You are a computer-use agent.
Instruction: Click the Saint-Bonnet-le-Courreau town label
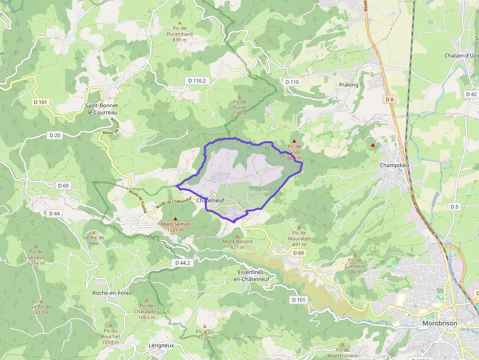[101, 109]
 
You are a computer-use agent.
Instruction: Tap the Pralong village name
[348, 85]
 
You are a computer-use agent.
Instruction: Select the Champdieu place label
[394, 165]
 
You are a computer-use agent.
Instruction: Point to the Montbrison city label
[439, 323]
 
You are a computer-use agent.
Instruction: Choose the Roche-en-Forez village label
[112, 293]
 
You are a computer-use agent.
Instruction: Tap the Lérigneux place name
[161, 345]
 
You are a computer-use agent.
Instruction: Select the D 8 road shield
[389, 100]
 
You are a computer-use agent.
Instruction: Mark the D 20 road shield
[55, 135]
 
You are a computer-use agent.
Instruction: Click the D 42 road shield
[471, 94]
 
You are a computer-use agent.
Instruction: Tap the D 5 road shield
[455, 207]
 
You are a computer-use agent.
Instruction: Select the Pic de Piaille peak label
[239, 107]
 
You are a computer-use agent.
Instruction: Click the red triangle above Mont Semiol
[175, 218]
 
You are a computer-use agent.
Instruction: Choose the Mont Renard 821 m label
[238, 244]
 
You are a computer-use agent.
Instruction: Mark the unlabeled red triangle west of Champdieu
[373, 145]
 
